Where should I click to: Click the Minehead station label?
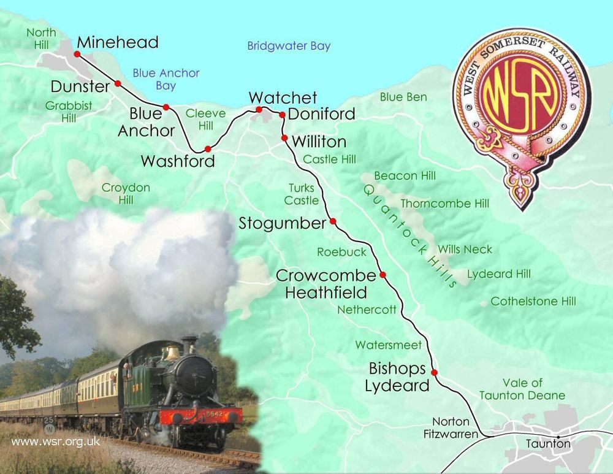click(x=118, y=42)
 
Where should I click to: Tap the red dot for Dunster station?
click(x=118, y=83)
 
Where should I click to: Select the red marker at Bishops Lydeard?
click(x=434, y=372)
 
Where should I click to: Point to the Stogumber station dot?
click(x=333, y=221)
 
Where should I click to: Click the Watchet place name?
click(x=283, y=97)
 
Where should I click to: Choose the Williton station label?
click(x=319, y=142)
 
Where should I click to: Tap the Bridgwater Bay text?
click(x=289, y=46)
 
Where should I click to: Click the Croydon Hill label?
click(x=126, y=194)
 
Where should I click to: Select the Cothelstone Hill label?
click(x=533, y=301)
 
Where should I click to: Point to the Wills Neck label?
click(x=465, y=250)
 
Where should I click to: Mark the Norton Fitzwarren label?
click(x=451, y=428)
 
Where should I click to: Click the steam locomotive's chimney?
click(x=189, y=345)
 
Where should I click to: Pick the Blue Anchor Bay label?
click(x=166, y=79)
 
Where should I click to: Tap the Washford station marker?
click(x=208, y=148)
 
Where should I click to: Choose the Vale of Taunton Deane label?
click(x=522, y=389)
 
